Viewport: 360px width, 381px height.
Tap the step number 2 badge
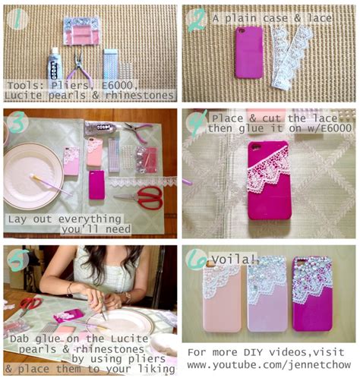tap(197, 20)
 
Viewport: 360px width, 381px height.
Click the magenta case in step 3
tap(96, 185)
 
